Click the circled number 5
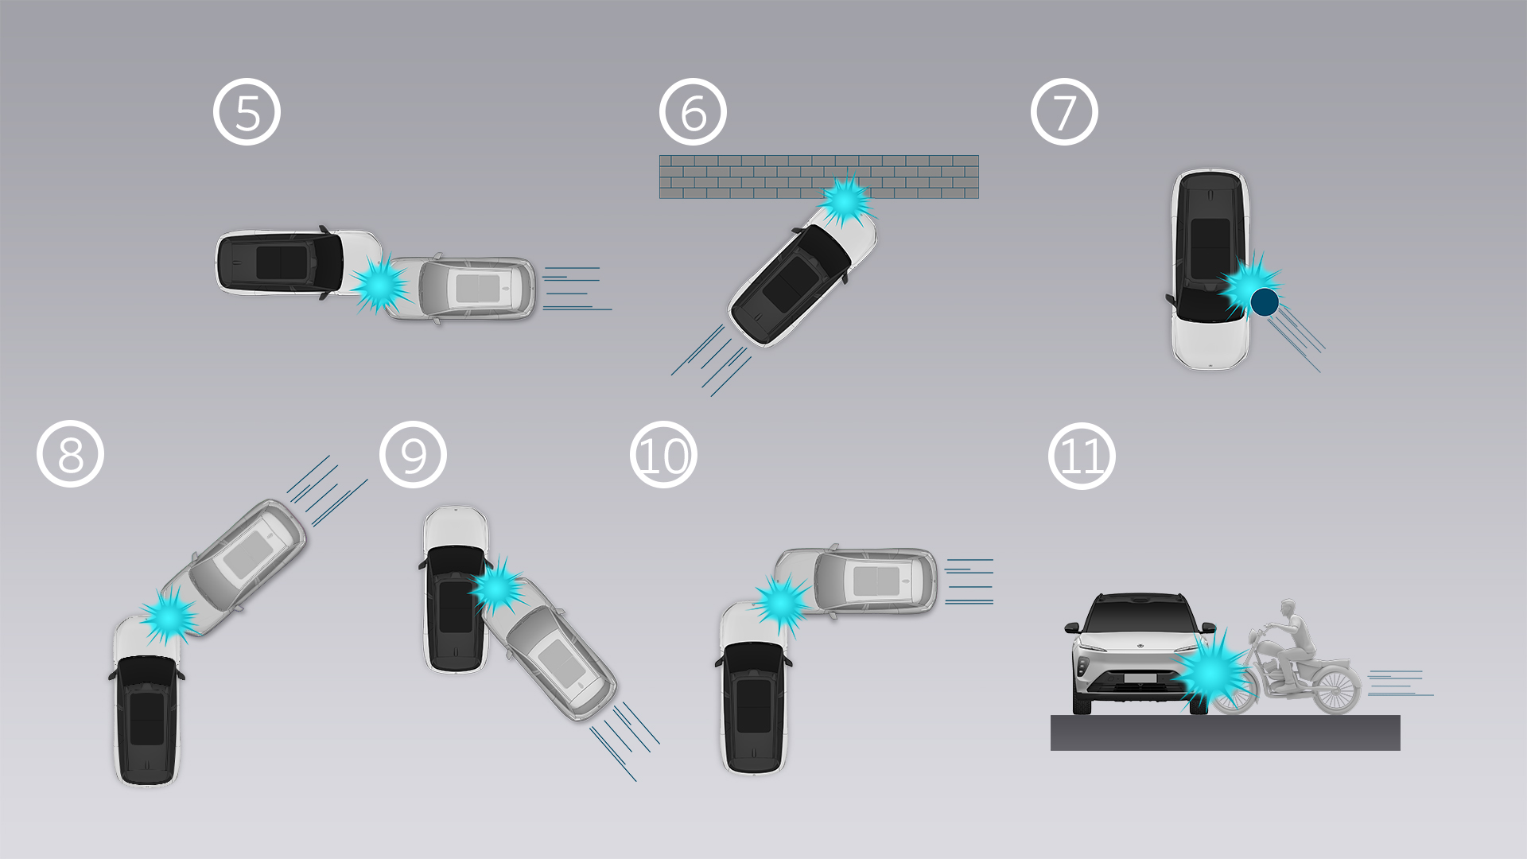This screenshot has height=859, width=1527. (247, 112)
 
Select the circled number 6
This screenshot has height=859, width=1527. (693, 112)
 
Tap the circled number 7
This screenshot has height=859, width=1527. (1064, 112)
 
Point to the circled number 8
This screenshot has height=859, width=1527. (70, 454)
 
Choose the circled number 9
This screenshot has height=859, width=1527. (413, 454)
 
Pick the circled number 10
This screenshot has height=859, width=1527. (663, 456)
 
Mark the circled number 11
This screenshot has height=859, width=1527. (1082, 456)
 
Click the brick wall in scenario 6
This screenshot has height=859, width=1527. (818, 177)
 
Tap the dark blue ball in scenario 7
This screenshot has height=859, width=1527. (1265, 302)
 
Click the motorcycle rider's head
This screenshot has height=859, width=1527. (1288, 611)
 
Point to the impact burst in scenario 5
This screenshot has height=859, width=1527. (381, 284)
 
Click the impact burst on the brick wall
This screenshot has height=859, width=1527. (845, 202)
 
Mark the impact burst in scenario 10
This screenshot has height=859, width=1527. (783, 603)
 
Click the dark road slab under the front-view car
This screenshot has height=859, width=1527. (1225, 733)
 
